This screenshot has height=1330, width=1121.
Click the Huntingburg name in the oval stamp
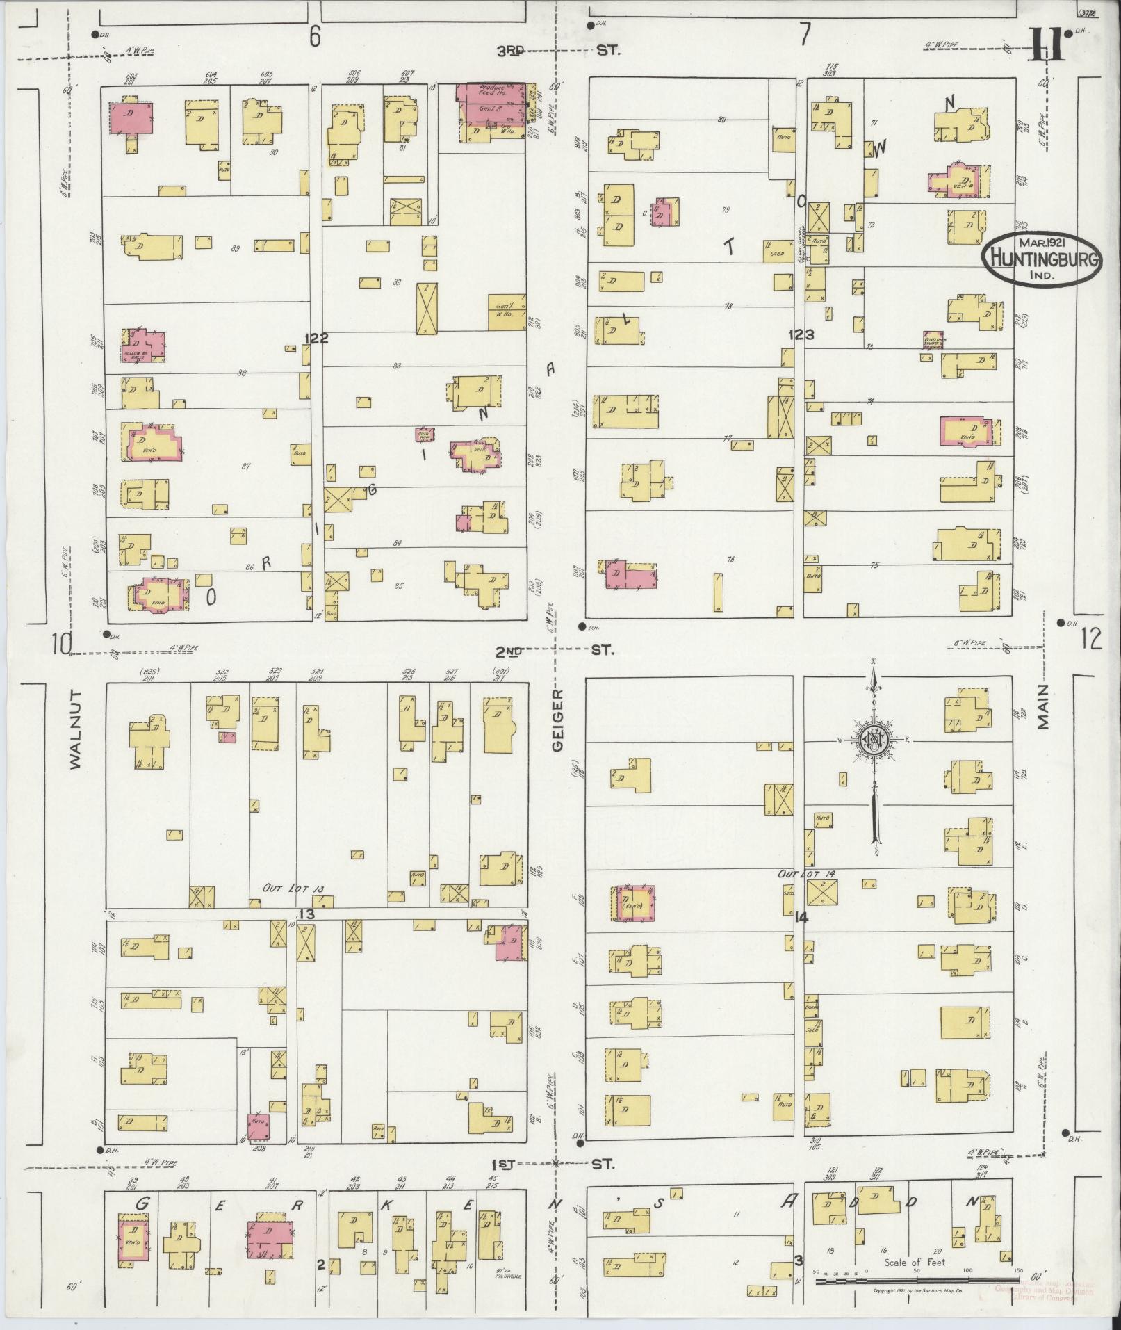(x=1045, y=259)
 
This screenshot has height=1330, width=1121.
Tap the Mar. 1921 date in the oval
(x=1044, y=243)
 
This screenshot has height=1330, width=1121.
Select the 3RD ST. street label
(x=557, y=51)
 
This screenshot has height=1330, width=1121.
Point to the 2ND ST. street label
(x=555, y=651)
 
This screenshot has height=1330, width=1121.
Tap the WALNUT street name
(x=75, y=729)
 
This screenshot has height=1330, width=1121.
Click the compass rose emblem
(x=872, y=740)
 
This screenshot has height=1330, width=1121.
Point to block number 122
(x=316, y=338)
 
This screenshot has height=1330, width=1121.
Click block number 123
(x=801, y=335)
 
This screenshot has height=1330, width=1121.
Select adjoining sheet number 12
(x=1091, y=638)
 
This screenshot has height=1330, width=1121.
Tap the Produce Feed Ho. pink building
(x=491, y=92)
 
